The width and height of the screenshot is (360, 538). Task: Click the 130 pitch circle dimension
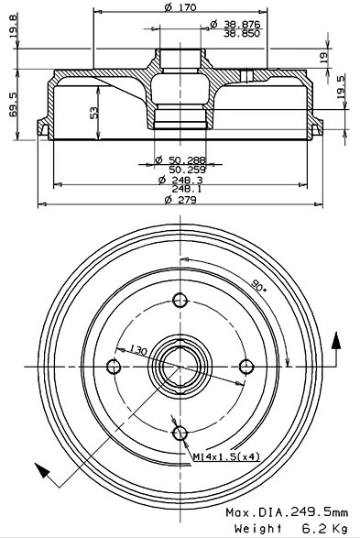(x=137, y=349)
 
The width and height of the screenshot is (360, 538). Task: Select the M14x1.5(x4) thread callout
(x=224, y=456)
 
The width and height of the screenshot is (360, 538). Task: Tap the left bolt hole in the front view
(x=115, y=367)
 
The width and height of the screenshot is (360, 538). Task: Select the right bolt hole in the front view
(x=245, y=367)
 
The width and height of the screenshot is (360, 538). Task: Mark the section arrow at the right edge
(x=336, y=344)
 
